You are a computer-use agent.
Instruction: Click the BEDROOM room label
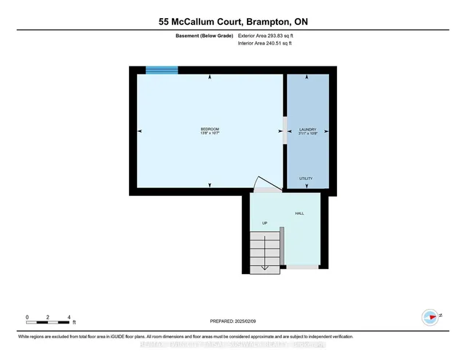pyautogui.click(x=210, y=129)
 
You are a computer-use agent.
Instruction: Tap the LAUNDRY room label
pyautogui.click(x=307, y=129)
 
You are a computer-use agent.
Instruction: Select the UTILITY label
pyautogui.click(x=307, y=179)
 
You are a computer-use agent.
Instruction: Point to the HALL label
pyautogui.click(x=299, y=214)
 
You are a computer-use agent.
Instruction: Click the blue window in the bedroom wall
pyautogui.click(x=162, y=70)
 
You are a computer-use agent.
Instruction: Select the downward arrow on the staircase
pyautogui.click(x=264, y=268)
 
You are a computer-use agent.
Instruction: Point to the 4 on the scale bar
pyautogui.click(x=68, y=318)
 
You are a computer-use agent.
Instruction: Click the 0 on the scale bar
pyautogui.click(x=27, y=318)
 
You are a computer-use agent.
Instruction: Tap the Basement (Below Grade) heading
pyautogui.click(x=204, y=35)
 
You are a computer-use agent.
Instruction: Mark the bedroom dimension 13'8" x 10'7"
pyautogui.click(x=210, y=134)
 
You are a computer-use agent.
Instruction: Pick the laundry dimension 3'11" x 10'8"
pyautogui.click(x=307, y=134)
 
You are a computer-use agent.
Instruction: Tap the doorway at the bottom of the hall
pyautogui.click(x=302, y=267)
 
